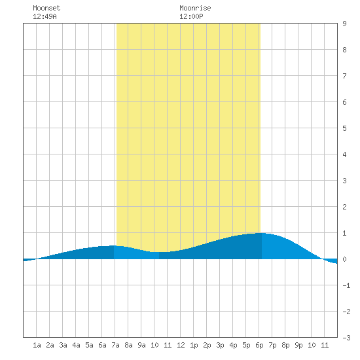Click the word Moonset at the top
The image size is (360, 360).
coord(46,8)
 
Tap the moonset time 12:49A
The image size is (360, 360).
coord(45,16)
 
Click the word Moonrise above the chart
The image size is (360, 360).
coord(195,8)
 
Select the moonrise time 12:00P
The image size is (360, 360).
coord(191,16)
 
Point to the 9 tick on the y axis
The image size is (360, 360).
coord(344,24)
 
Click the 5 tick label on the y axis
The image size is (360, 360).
coord(344,128)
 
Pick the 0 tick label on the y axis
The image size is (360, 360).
coord(344,259)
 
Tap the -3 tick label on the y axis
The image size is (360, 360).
coord(346,338)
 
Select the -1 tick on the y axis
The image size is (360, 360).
coord(346,285)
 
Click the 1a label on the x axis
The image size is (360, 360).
coord(37,345)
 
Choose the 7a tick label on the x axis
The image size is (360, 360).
coord(115,345)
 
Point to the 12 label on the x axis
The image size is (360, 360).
coord(181,345)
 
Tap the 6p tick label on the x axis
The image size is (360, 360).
coord(259,345)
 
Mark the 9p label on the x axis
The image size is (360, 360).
coord(298,345)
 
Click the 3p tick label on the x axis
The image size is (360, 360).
coord(220,345)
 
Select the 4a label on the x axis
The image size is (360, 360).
coord(76,345)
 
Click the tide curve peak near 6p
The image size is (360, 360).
coord(261,233)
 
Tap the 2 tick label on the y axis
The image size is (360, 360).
coord(344,207)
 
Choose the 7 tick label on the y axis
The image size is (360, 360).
coord(344,76)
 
